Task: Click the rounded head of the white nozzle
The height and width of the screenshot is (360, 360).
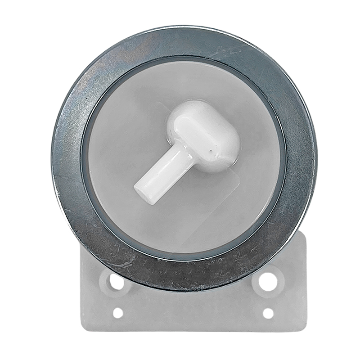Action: (x=205, y=135)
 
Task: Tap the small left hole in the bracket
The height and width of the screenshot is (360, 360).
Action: (x=118, y=312)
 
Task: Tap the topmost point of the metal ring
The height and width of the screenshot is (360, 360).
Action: (x=184, y=28)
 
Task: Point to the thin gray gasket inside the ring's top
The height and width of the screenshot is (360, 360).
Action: (x=184, y=57)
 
